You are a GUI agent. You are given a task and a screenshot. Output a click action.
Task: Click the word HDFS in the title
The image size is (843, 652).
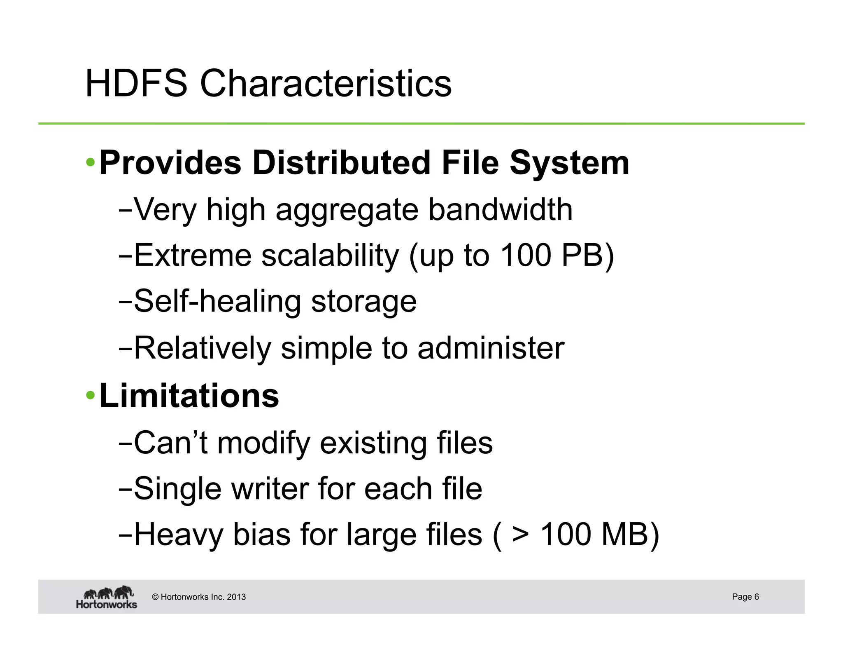pos(136,84)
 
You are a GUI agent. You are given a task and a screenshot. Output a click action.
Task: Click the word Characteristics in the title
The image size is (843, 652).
pos(326,84)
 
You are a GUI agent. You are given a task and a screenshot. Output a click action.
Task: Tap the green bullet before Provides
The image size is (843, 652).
pos(90,162)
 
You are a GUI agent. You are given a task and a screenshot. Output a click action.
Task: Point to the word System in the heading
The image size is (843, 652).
pos(570,163)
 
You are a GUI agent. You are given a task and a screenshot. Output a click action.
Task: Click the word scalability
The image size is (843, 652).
pos(330,256)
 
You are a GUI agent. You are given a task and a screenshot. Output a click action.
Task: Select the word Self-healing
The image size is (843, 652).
pos(217,302)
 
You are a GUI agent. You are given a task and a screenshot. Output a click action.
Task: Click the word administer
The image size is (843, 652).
pos(491,348)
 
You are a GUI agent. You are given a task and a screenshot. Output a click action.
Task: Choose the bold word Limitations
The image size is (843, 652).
pos(189,396)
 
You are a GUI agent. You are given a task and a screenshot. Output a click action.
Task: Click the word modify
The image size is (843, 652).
pos(263,443)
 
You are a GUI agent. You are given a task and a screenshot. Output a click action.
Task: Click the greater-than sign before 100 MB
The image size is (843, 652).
pos(521,535)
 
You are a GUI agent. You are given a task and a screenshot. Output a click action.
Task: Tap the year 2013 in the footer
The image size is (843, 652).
pos(236,597)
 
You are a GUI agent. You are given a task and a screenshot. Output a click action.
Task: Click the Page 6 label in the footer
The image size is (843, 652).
pos(745,596)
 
